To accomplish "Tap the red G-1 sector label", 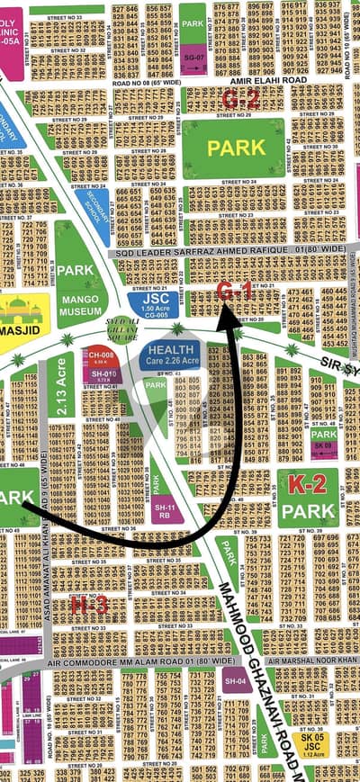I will point(236,291).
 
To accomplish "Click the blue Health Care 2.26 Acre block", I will point(173,354).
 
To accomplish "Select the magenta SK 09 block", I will point(323,445).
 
